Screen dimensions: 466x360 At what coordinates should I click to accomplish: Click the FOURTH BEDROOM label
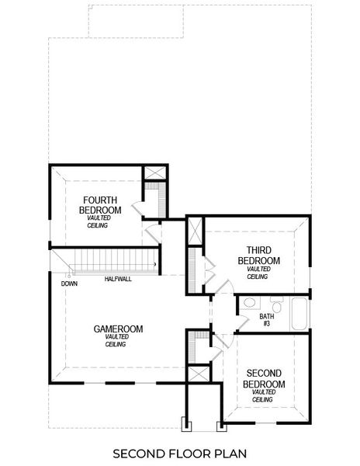pyautogui.click(x=101, y=205)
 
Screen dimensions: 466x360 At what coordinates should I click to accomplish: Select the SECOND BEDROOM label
pyautogui.click(x=264, y=378)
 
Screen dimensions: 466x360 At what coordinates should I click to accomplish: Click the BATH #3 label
pyautogui.click(x=267, y=319)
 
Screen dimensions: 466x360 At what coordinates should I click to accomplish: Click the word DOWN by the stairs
pyautogui.click(x=69, y=283)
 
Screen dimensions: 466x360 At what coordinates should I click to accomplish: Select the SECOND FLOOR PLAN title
pyautogui.click(x=181, y=452)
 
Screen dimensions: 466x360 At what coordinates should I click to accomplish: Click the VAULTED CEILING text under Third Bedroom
pyautogui.click(x=258, y=273)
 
